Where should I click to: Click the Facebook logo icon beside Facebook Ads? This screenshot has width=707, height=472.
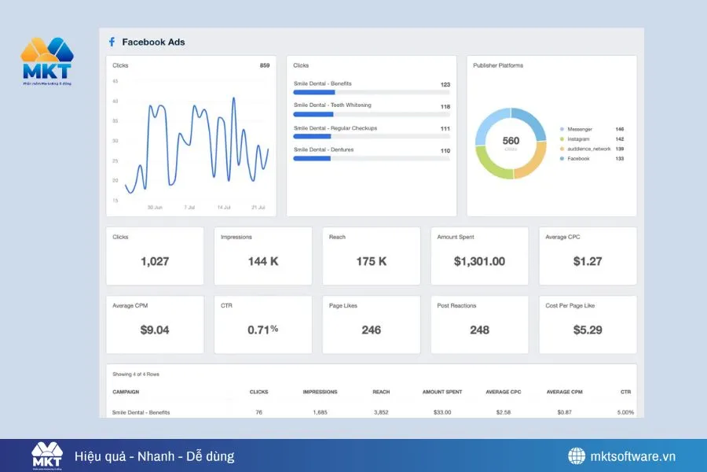(112, 42)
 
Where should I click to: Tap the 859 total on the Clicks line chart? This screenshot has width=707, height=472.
(265, 65)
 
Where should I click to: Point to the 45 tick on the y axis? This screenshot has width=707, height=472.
(115, 81)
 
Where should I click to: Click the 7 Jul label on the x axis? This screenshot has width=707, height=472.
(189, 208)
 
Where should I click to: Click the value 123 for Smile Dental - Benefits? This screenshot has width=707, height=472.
(445, 84)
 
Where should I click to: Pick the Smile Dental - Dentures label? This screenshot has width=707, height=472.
(324, 149)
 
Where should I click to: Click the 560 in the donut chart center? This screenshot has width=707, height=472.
(511, 141)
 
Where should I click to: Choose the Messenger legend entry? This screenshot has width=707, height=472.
(580, 129)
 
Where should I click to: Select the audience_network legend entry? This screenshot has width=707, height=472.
(590, 149)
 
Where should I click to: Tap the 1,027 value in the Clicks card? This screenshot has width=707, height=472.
(155, 261)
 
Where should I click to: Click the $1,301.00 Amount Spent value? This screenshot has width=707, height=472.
(479, 261)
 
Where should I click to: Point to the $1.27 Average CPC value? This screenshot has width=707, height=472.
(588, 261)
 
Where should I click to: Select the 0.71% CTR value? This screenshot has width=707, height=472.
(262, 330)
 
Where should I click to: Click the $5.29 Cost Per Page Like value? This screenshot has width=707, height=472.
(588, 330)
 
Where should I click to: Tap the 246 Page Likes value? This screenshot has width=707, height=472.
(371, 330)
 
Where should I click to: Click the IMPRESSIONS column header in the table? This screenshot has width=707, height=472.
(320, 392)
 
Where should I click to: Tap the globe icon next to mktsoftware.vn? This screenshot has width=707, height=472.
(577, 456)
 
